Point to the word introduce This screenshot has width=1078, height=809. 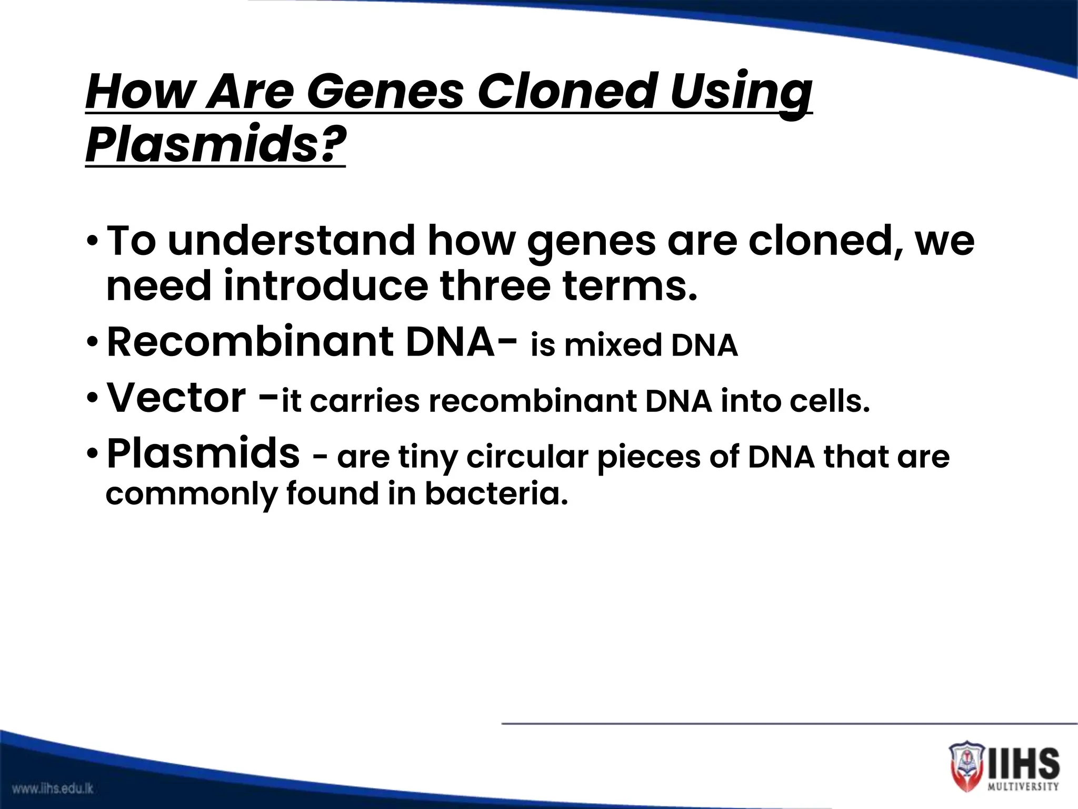pos(326,286)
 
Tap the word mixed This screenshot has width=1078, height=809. pos(612,346)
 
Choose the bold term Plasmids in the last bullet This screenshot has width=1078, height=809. pos(203,453)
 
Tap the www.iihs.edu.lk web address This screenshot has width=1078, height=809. pos(53,788)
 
